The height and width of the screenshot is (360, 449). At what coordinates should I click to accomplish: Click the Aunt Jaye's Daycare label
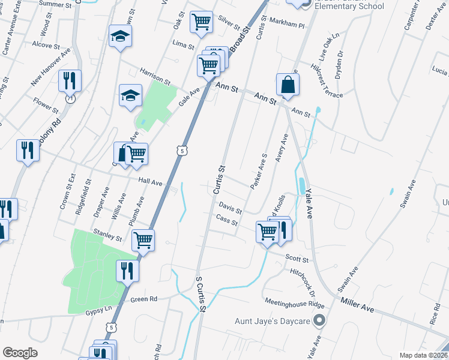tap(272, 322)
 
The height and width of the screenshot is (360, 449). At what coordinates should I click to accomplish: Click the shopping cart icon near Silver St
tap(202, 22)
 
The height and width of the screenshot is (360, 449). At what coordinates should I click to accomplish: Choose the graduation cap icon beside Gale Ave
tap(130, 95)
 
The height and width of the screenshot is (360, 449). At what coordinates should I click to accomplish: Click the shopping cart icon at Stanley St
tap(143, 240)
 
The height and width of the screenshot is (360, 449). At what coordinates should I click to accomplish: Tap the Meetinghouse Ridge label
tap(294, 303)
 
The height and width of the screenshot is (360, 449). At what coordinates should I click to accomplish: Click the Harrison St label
tap(155, 76)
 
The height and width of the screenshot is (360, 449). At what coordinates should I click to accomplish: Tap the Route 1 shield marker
tap(70, 98)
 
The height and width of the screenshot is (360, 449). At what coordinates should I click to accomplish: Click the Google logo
tap(20, 353)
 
